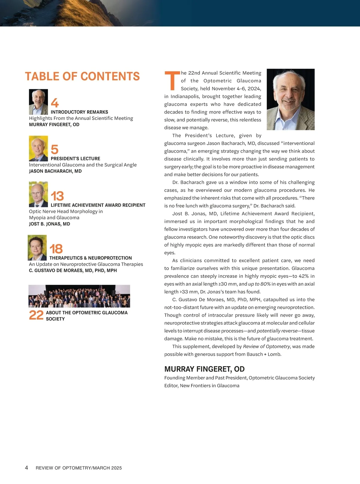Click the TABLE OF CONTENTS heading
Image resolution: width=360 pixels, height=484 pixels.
pyautogui.click(x=82, y=77)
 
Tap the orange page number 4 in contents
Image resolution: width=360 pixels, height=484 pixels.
pyautogui.click(x=55, y=103)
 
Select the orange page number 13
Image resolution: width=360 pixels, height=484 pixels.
pyautogui.click(x=57, y=196)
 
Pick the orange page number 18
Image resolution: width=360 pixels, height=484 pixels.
pyautogui.click(x=56, y=249)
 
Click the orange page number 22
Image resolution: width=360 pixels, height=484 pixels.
pyautogui.click(x=36, y=315)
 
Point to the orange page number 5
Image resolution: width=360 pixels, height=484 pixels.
pyautogui.click(x=55, y=149)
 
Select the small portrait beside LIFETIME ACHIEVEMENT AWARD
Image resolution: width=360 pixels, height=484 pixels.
pyautogui.click(x=38, y=194)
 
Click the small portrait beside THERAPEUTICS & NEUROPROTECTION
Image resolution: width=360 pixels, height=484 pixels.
pyautogui.click(x=37, y=248)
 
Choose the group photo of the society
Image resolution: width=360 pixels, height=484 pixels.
pyautogui.click(x=79, y=296)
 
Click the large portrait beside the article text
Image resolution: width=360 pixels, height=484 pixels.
pyautogui.click(x=290, y=99)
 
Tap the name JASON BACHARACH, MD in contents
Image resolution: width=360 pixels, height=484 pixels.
pyautogui.click(x=55, y=171)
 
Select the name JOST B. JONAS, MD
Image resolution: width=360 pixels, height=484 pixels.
pyautogui.click(x=49, y=224)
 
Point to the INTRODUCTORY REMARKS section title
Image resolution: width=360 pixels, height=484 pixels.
pyautogui.click(x=79, y=112)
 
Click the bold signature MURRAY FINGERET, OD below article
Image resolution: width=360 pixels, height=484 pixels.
pyautogui.click(x=204, y=369)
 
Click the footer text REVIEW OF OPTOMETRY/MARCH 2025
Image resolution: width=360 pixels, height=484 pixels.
pyautogui.click(x=79, y=468)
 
